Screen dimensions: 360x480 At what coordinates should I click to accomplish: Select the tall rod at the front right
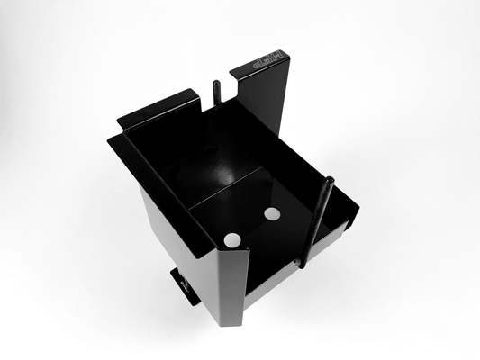coord(318,220)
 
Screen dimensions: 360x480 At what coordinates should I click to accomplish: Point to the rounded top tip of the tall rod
coord(329,181)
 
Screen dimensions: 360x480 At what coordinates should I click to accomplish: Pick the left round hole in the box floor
coord(231,240)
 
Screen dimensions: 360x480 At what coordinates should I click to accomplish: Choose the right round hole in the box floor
coord(271,214)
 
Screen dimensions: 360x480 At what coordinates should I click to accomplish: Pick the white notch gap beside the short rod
coord(226,88)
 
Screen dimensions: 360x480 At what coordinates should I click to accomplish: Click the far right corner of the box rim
coord(358,216)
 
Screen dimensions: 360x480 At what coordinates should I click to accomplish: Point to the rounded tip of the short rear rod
coord(216,83)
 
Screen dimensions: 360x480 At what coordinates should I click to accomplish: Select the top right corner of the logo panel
coord(289,56)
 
